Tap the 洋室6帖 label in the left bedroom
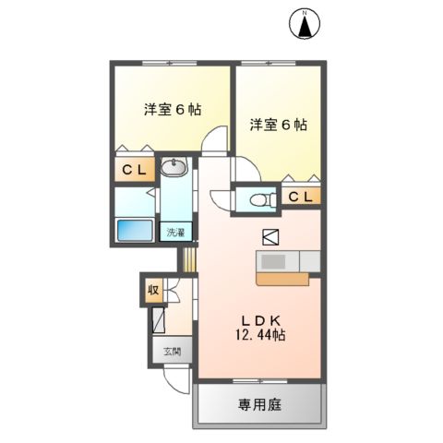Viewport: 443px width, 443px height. pos(172,109)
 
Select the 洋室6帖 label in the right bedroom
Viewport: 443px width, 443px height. pos(278,124)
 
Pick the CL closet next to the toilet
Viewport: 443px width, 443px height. pos(300,198)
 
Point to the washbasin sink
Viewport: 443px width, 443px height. pos(173,167)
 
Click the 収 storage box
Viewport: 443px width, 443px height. pos(152,291)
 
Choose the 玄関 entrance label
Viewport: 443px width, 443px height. pos(173,351)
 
